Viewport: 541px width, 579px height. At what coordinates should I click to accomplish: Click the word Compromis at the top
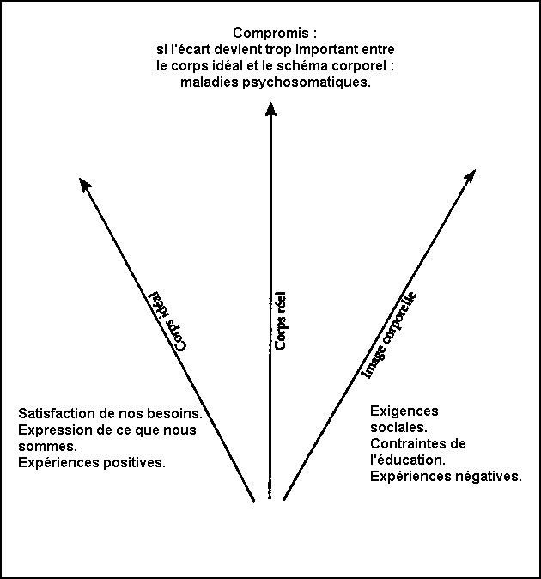point(270,34)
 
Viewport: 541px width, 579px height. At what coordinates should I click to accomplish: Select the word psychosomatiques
point(307,82)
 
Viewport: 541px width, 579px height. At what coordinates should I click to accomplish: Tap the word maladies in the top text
point(210,82)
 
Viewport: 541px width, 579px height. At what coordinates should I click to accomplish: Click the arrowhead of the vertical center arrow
point(270,109)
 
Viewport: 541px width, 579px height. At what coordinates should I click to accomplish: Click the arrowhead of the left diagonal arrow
point(85,184)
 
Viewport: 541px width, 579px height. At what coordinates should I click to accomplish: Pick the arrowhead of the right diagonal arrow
point(471,176)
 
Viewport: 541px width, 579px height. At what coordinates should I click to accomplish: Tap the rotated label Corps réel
point(281,321)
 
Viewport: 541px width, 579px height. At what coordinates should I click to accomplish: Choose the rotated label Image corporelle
point(389,335)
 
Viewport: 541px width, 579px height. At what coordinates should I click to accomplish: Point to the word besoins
point(175,413)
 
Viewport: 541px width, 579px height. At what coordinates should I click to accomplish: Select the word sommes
point(47,446)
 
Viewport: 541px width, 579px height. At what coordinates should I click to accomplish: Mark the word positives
point(134,462)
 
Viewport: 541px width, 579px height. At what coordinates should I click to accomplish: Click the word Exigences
point(404,411)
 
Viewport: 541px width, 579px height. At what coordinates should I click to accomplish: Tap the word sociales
point(399,427)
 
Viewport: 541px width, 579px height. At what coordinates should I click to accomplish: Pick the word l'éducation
point(408,460)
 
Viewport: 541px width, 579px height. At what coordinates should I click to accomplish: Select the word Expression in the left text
point(52,430)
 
